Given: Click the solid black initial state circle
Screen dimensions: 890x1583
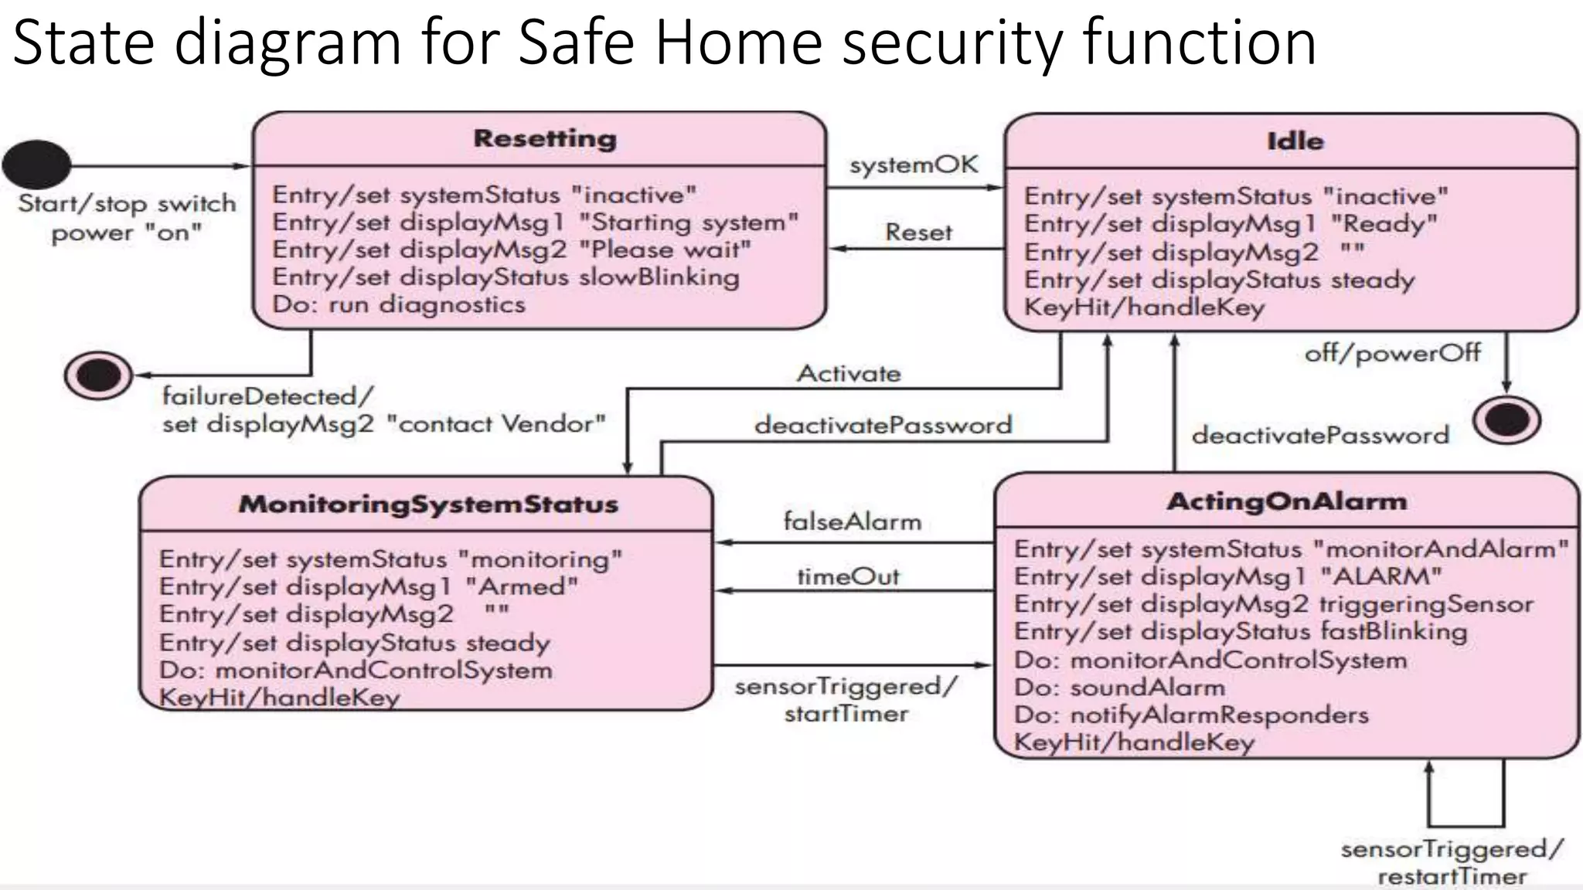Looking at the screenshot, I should pyautogui.click(x=36, y=164).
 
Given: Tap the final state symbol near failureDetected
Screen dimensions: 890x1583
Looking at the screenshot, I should pyautogui.click(x=98, y=375).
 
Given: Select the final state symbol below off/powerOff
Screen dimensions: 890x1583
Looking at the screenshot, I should pyautogui.click(x=1506, y=420).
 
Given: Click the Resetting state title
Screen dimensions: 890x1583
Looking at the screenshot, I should pyautogui.click(x=545, y=139).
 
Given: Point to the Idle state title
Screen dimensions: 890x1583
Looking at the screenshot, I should pyautogui.click(x=1295, y=141).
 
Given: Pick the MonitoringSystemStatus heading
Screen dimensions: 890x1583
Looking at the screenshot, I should pyautogui.click(x=428, y=504).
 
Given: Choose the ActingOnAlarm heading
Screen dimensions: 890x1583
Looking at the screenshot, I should pyautogui.click(x=1286, y=501).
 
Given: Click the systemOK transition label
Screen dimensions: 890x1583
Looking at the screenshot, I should pyautogui.click(x=913, y=165).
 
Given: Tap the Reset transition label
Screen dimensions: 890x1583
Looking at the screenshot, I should pyautogui.click(x=918, y=232).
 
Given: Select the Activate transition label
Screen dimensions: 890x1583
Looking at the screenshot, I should pyautogui.click(x=849, y=374).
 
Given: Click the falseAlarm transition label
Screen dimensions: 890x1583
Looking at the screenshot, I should pyautogui.click(x=852, y=521).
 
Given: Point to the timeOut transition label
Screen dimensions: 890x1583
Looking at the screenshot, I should pyautogui.click(x=848, y=576).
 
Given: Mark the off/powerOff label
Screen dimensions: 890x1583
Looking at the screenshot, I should pyautogui.click(x=1392, y=353).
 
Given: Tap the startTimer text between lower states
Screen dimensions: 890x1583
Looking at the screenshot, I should pyautogui.click(x=846, y=713).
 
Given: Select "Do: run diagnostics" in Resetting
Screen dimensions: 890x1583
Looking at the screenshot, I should pyautogui.click(x=398, y=304).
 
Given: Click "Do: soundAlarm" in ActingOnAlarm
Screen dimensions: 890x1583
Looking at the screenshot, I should pyautogui.click(x=1118, y=687).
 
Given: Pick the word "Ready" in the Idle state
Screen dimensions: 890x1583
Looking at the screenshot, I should pyautogui.click(x=1384, y=224).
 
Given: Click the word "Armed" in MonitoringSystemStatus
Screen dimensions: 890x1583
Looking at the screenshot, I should pyautogui.click(x=522, y=586).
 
